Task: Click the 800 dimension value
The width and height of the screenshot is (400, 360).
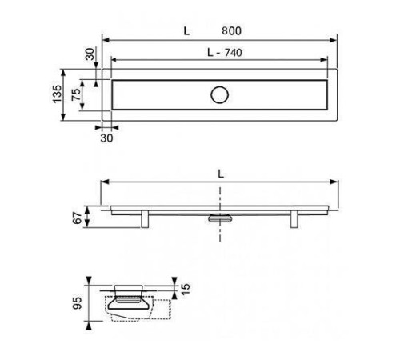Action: coord(231,31)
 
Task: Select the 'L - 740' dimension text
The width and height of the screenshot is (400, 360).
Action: coord(225,53)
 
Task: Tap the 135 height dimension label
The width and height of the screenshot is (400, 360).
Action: coord(57,94)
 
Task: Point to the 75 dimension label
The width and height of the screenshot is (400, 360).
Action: coord(76,94)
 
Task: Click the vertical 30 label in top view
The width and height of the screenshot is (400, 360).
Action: coord(90,54)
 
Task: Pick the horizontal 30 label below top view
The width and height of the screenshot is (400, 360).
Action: coord(106,138)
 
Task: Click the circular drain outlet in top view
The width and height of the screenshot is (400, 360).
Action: coord(219,94)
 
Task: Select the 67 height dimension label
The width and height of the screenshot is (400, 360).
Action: coord(78,218)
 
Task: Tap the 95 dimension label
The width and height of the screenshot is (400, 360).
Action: coord(78,303)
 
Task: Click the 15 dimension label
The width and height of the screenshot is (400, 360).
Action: coord(186,289)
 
